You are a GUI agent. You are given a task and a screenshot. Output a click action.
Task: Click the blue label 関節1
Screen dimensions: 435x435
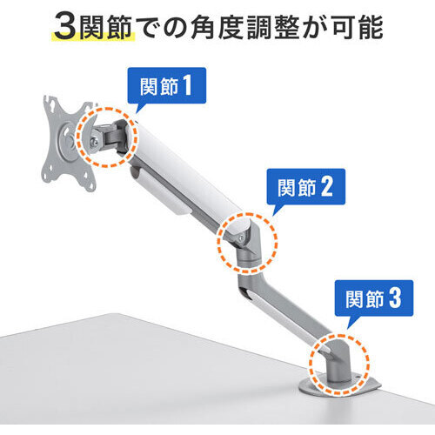pyautogui.click(x=167, y=85)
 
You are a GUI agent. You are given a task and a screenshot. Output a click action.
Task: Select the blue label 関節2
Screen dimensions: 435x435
pyautogui.click(x=306, y=186)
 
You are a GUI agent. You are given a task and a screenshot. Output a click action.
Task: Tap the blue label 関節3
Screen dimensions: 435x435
pyautogui.click(x=374, y=298)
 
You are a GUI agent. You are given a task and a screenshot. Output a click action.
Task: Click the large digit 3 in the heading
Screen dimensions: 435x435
pyautogui.click(x=65, y=28)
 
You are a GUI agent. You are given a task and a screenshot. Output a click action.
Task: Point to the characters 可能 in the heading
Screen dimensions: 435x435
pyautogui.click(x=358, y=28)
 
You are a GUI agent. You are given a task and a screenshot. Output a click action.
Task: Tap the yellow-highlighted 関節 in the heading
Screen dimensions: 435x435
pyautogui.click(x=106, y=28)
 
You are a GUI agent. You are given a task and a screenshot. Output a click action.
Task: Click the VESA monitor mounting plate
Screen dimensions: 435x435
pyautogui.click(x=68, y=144)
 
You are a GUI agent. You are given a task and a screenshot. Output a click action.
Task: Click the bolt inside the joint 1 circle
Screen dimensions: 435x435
pyautogui.click(x=94, y=142)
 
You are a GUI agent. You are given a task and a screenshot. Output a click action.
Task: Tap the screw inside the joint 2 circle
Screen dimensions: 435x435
pyautogui.click(x=241, y=238)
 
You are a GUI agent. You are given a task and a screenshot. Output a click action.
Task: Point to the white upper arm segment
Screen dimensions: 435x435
pyautogui.click(x=185, y=171)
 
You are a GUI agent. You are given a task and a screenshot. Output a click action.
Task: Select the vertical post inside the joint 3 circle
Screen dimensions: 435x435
pyautogui.click(x=337, y=359)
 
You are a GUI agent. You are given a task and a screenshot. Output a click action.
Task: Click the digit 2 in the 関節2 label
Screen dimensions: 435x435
pyautogui.click(x=326, y=187)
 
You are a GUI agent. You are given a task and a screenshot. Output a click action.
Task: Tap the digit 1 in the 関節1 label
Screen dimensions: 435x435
pyautogui.click(x=187, y=86)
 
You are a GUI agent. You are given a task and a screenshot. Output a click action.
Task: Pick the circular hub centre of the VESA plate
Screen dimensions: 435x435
pyautogui.click(x=69, y=141)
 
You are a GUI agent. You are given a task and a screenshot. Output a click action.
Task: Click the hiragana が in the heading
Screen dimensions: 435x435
pyautogui.click(x=315, y=28)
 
